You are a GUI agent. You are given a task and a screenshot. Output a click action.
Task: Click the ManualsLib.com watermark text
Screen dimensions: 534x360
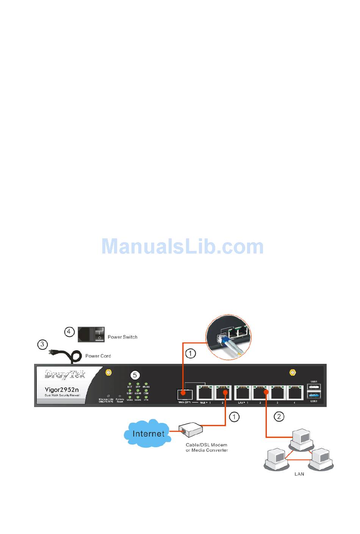[x=182, y=247]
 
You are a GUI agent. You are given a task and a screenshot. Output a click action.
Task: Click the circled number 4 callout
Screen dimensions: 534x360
[x=69, y=332]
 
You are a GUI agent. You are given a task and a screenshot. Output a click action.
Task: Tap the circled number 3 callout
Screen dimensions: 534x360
[x=42, y=345]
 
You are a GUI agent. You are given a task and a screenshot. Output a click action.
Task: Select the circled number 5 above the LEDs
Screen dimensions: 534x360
[x=135, y=375]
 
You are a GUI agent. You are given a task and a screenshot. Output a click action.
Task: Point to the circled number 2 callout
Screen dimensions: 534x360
[x=279, y=417]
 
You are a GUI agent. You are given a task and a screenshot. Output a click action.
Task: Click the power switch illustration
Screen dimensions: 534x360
[x=91, y=335]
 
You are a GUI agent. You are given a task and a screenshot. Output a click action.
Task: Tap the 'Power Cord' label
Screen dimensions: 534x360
[x=98, y=356]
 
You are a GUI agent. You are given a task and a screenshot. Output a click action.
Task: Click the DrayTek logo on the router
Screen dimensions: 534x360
[x=65, y=375]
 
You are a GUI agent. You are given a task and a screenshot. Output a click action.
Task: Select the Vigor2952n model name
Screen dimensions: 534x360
[x=62, y=389]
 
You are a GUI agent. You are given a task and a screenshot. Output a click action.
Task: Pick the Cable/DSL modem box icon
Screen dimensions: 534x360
[x=191, y=429]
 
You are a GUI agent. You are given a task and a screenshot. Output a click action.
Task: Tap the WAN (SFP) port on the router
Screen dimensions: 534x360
[x=185, y=394]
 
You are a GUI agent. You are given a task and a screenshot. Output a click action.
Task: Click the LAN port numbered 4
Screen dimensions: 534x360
[x=295, y=393]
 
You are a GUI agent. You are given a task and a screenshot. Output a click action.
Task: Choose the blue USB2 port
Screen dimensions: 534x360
[x=314, y=395]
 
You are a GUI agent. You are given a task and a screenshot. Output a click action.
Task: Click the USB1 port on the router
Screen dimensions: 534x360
[x=314, y=387]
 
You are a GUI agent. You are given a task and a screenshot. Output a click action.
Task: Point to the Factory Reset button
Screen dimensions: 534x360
[x=120, y=396]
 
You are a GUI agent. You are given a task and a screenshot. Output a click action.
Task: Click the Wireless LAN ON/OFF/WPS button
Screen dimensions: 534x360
[x=108, y=396]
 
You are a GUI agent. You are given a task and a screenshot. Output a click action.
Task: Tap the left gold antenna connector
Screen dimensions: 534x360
[x=108, y=373]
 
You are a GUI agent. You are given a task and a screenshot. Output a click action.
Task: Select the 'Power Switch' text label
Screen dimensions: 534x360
[x=122, y=337]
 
